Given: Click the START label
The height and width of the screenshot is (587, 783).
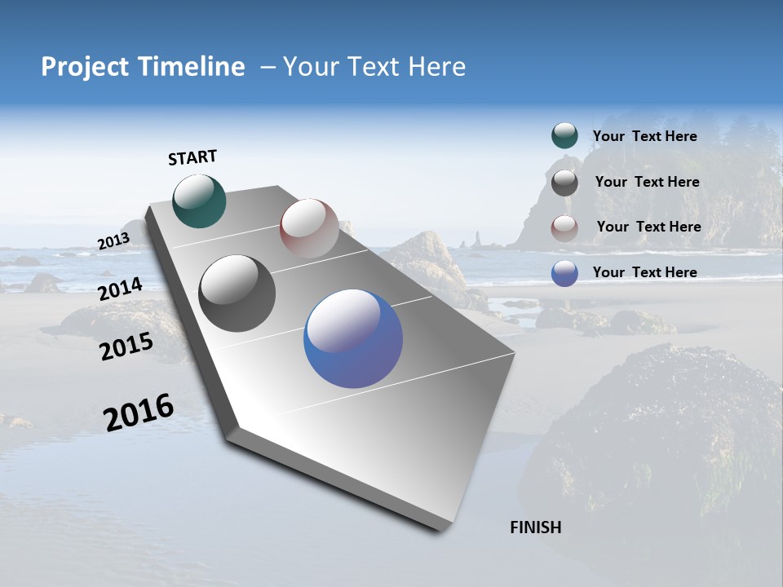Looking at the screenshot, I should (192, 157).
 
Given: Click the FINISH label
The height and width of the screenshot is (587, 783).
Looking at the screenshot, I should (535, 527).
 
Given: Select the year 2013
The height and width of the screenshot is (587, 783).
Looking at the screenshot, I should (113, 241).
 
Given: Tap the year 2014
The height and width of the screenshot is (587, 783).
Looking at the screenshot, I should (120, 289).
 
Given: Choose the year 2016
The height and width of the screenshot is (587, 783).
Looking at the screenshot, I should (139, 413).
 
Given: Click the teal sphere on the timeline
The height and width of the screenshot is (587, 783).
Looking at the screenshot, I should (199, 201).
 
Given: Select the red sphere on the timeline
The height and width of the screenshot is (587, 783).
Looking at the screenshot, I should (309, 227).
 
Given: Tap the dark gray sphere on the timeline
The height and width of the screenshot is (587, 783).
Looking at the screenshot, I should (237, 293).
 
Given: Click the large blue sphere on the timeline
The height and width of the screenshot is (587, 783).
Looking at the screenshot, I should (353, 338).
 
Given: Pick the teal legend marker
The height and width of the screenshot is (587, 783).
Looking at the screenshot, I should (564, 136).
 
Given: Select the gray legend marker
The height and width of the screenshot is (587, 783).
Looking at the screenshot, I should (564, 183).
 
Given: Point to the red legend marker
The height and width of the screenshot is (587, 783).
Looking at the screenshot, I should (564, 228).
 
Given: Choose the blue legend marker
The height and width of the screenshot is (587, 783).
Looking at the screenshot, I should (564, 273).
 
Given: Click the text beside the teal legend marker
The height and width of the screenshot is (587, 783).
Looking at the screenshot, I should (644, 137).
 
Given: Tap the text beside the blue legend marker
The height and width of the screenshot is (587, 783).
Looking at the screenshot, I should (644, 272).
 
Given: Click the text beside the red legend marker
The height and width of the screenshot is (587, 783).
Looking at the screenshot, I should (648, 227).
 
